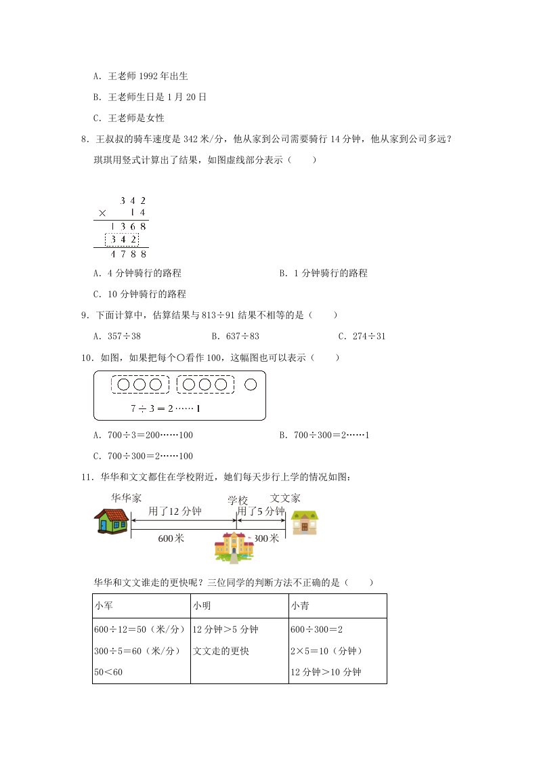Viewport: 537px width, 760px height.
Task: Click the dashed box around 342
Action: (x=122, y=239)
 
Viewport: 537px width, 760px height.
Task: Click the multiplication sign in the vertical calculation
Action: (x=102, y=213)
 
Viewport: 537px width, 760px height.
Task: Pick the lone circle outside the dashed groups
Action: (x=251, y=385)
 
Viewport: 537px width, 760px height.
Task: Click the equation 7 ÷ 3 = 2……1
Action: (x=167, y=408)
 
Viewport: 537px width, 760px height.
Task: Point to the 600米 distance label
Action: (x=171, y=539)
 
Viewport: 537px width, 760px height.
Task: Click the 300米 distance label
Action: (x=265, y=539)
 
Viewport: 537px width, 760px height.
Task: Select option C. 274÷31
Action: (x=362, y=336)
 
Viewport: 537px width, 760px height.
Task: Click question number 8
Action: (x=84, y=140)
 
